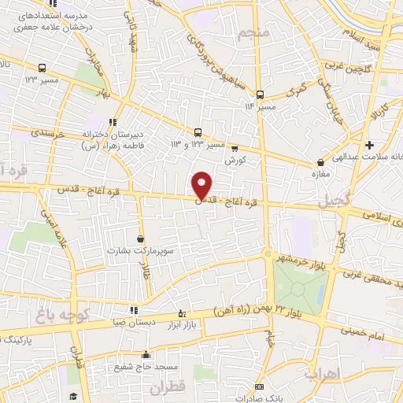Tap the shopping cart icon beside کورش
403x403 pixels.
(234, 148)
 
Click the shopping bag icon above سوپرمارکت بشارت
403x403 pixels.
(140, 238)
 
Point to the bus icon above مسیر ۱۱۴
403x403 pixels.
(260, 94)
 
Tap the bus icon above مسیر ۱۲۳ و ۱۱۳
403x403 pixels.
(198, 132)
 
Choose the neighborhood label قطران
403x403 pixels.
(192, 386)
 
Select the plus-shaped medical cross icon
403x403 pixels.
(369, 145)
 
